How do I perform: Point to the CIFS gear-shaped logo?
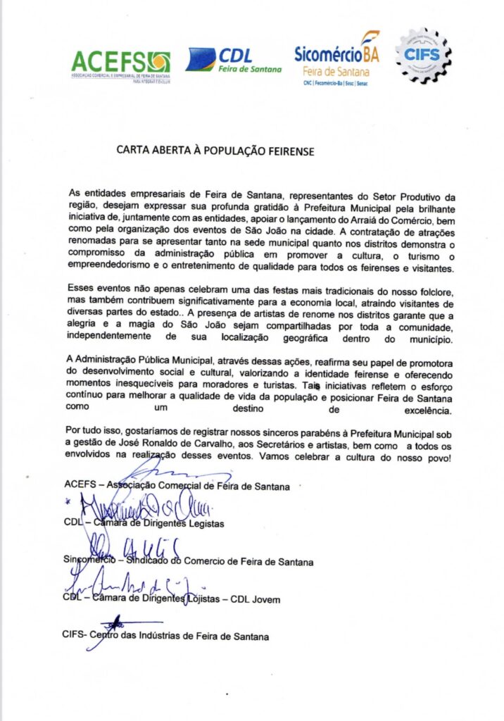point(423,56)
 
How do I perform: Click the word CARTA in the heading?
point(134,150)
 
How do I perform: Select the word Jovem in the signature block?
point(265,599)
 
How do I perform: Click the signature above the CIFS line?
point(109,622)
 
